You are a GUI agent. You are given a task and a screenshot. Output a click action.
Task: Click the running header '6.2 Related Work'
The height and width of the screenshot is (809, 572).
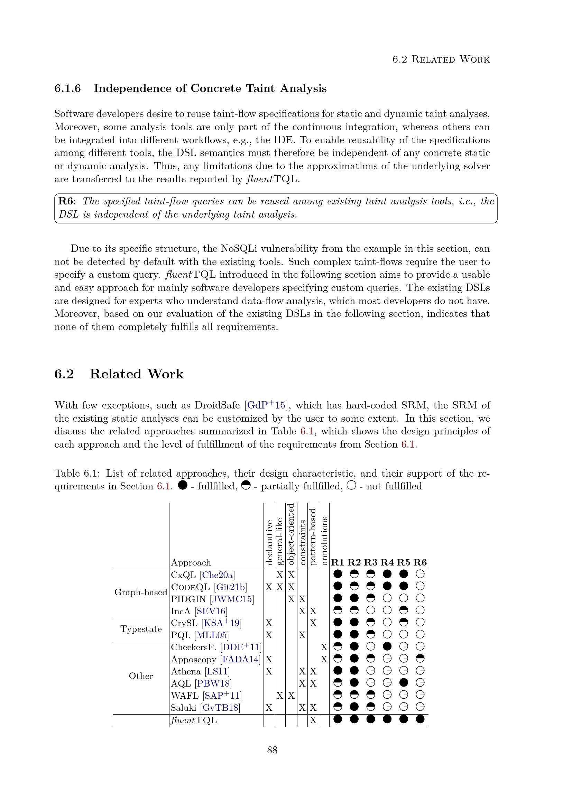(x=441, y=59)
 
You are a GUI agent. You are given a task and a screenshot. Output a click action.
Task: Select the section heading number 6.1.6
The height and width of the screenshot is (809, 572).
(x=67, y=89)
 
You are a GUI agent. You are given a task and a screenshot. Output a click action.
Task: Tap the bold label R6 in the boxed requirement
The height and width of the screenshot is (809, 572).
(x=66, y=201)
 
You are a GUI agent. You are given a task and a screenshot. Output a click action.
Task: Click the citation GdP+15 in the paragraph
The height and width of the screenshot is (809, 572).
(x=266, y=405)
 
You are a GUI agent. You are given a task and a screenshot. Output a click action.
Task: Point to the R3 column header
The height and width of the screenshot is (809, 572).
(x=370, y=562)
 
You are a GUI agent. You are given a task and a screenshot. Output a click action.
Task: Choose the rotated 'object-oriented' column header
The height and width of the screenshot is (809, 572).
(x=291, y=534)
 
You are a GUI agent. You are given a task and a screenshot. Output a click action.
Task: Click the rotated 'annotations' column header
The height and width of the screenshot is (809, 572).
(x=324, y=541)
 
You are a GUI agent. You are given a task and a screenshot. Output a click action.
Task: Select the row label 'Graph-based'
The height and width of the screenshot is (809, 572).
(x=140, y=592)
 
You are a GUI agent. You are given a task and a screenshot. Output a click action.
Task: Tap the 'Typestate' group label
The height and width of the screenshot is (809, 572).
(x=141, y=629)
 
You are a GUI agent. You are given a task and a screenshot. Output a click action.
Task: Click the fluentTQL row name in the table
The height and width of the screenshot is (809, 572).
(x=194, y=720)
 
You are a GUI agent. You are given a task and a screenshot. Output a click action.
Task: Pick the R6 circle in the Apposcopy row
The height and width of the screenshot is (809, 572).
(x=420, y=658)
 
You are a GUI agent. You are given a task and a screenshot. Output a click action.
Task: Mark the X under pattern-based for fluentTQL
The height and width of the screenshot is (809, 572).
(x=313, y=720)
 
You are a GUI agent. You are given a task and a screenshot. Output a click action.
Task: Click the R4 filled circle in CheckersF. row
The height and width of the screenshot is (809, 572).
(x=387, y=646)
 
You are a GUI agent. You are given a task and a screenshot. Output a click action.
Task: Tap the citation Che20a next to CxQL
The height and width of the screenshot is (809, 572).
(x=217, y=575)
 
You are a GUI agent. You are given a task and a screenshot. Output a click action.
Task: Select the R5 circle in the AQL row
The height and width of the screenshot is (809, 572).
(x=404, y=682)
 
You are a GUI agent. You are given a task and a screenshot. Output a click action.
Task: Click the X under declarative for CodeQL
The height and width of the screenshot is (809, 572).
(x=269, y=587)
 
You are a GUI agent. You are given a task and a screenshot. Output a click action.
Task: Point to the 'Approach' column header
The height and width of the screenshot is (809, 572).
(x=191, y=562)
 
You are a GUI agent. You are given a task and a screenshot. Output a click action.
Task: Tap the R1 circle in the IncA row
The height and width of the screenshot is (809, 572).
(x=338, y=610)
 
